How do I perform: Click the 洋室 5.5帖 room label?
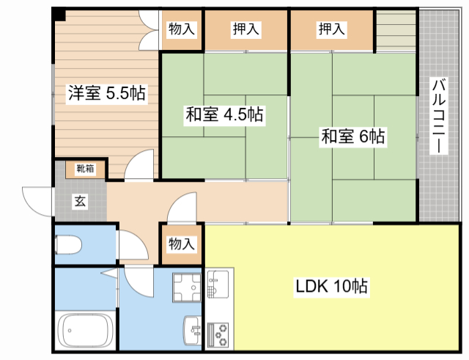pos(106,93)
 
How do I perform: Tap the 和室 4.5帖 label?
pos(224,114)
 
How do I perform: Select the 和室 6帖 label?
pos(352,136)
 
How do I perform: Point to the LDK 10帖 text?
pos(331,286)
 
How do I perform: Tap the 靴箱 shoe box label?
pos(85,169)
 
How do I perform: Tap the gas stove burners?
pos(218,335)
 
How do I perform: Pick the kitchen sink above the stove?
pos(218,284)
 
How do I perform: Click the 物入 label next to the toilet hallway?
pos(181,244)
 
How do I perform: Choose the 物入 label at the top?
pos(181,30)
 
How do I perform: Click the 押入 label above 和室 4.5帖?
pos(245,30)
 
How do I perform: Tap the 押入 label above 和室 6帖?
pos(331,30)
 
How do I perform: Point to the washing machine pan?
pos(186,287)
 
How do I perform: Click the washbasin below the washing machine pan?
pos(193,332)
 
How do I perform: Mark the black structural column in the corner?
pos(59,14)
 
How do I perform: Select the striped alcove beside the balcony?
pos(396,30)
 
